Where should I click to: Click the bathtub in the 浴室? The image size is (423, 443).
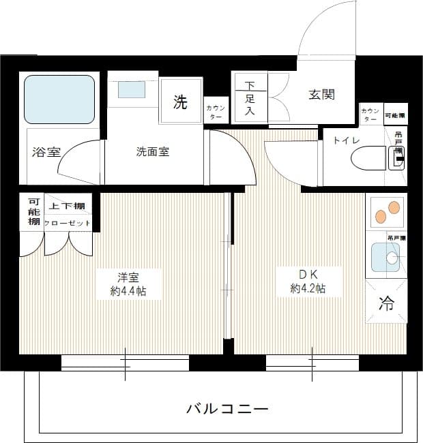(59, 100)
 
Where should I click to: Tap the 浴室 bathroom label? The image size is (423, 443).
(45, 152)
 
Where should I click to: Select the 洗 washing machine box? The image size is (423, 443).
(180, 102)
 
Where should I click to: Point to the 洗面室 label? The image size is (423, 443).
(153, 151)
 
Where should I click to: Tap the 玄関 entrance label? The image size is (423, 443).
(321, 95)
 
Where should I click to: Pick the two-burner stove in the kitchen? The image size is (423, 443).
(386, 212)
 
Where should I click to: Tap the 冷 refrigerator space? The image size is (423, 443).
(386, 304)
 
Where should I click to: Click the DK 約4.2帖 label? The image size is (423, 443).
(308, 281)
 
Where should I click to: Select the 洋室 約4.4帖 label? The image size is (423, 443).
(128, 284)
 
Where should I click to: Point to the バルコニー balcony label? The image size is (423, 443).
(227, 409)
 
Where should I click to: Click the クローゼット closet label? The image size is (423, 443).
(68, 223)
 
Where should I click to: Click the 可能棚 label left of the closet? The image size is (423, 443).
(32, 212)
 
